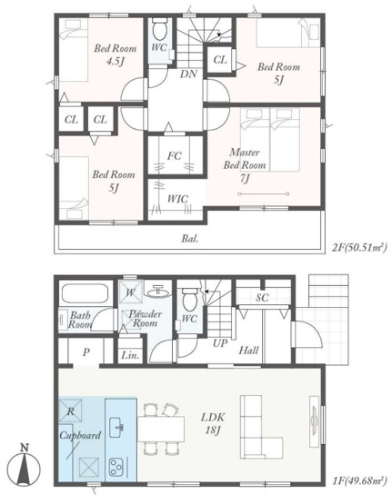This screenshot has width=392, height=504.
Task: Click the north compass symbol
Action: coord(24,466)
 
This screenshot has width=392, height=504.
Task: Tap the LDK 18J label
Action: coord(213,424)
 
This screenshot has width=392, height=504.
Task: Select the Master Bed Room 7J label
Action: coord(245,165)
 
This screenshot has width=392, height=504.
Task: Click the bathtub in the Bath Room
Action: coord(85,293)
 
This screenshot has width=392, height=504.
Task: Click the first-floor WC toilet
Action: coord(189,299)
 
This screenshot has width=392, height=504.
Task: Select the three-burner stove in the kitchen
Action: coord(116,467)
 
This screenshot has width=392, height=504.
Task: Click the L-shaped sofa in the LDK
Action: coord(261,427)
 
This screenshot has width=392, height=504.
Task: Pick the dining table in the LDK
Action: coord(161,430)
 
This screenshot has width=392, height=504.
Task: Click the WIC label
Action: coord(177,199)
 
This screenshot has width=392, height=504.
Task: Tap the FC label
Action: coord(175,156)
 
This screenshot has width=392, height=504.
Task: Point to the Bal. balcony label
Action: coord(190,239)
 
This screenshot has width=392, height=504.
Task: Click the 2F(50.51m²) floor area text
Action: coord(359,248)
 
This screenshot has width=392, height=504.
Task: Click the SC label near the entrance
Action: coord(262,298)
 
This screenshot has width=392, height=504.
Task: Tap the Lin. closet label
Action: coord(130,355)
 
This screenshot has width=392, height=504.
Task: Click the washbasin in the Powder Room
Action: coord(157,292)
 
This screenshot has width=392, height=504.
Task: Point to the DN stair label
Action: coord(188,74)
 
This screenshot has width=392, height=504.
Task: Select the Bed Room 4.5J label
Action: coord(116,54)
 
